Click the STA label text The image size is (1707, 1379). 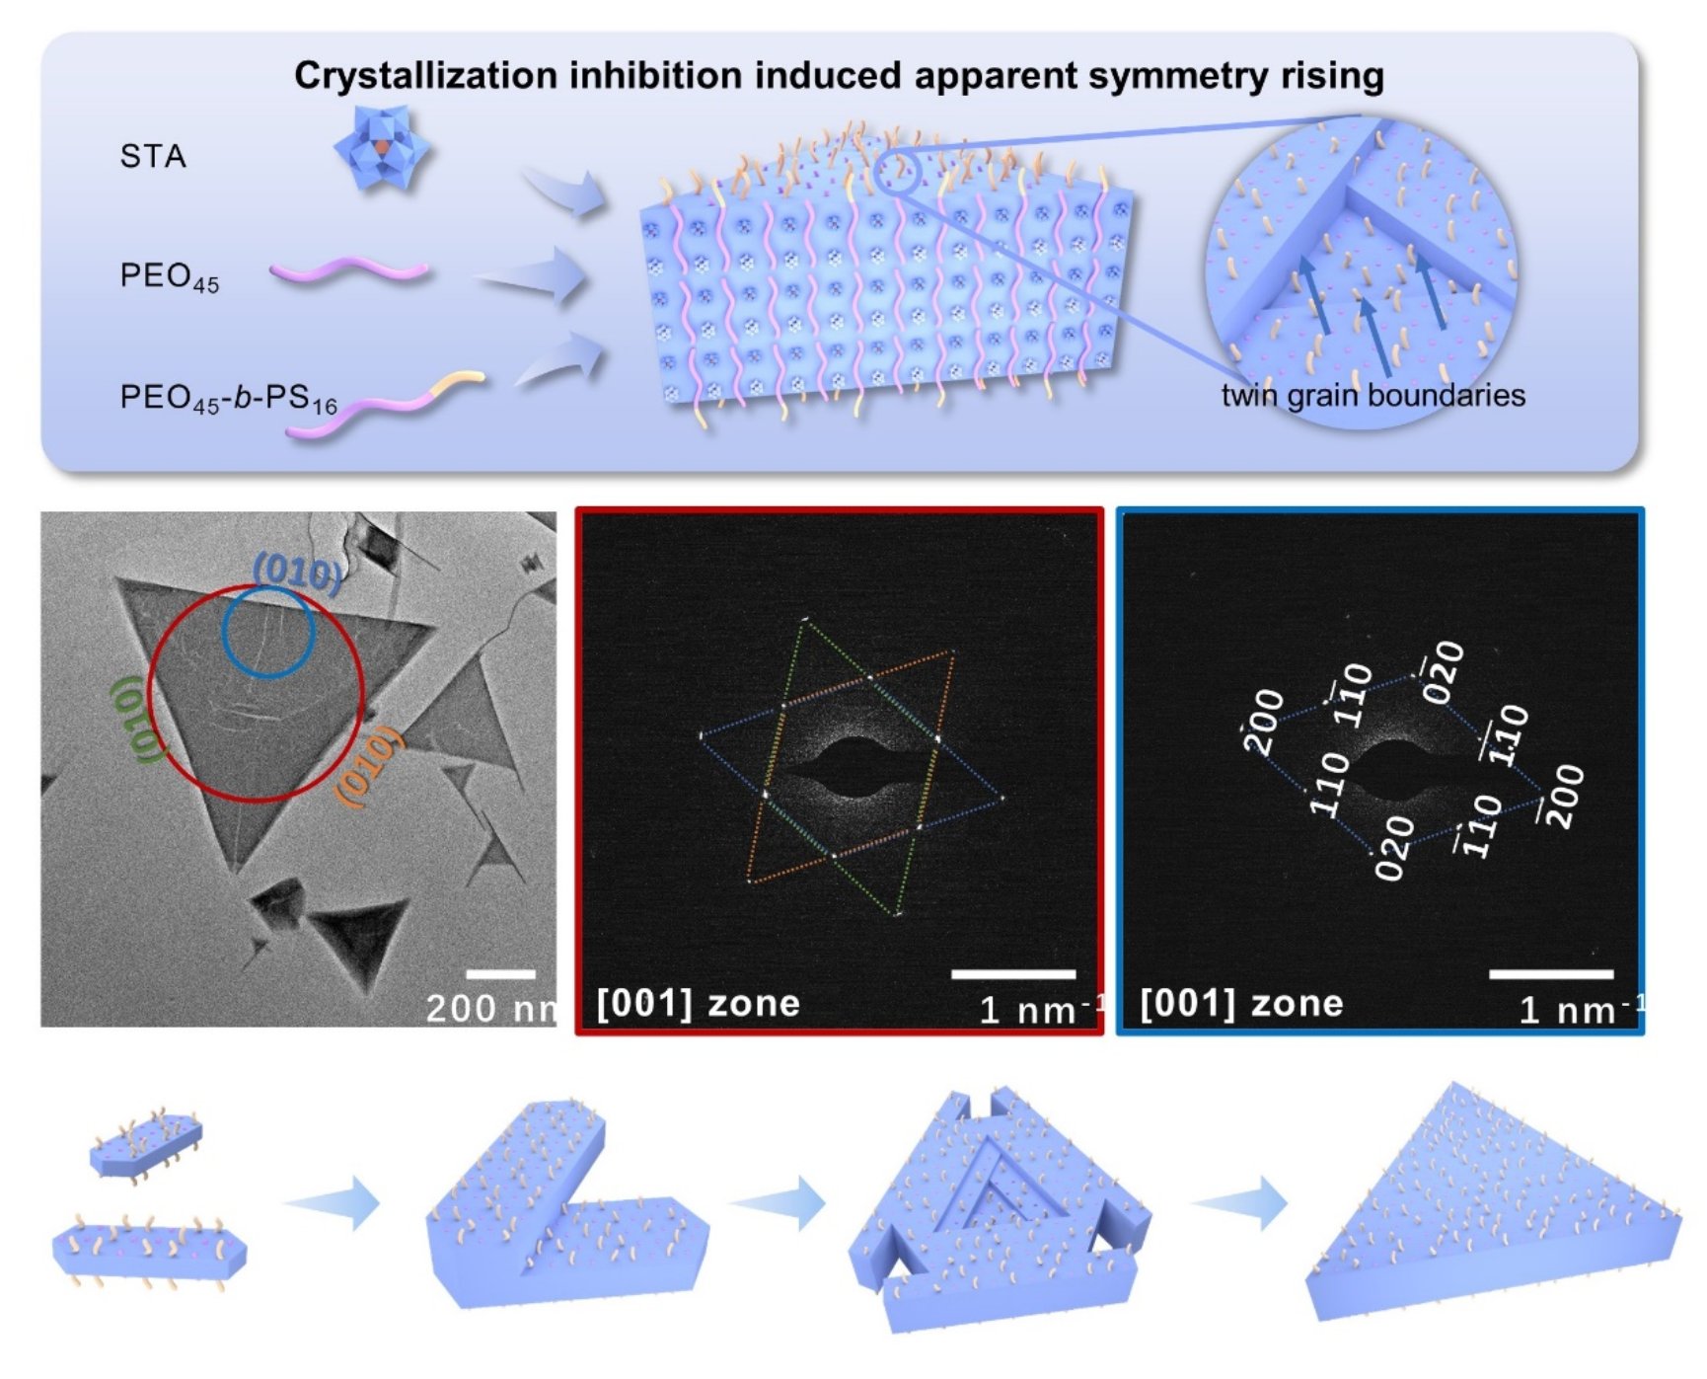(153, 156)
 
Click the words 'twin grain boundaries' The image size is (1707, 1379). (1373, 396)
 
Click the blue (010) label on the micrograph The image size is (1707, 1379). (298, 573)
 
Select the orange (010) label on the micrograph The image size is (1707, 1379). (369, 766)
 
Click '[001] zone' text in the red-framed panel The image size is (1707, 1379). (699, 1004)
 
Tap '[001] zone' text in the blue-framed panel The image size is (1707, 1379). (1241, 1004)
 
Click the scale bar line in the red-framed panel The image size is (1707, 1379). (1013, 974)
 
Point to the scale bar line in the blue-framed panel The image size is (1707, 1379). (1551, 974)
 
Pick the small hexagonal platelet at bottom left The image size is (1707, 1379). (146, 1144)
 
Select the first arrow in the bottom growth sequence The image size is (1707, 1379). (332, 1203)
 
